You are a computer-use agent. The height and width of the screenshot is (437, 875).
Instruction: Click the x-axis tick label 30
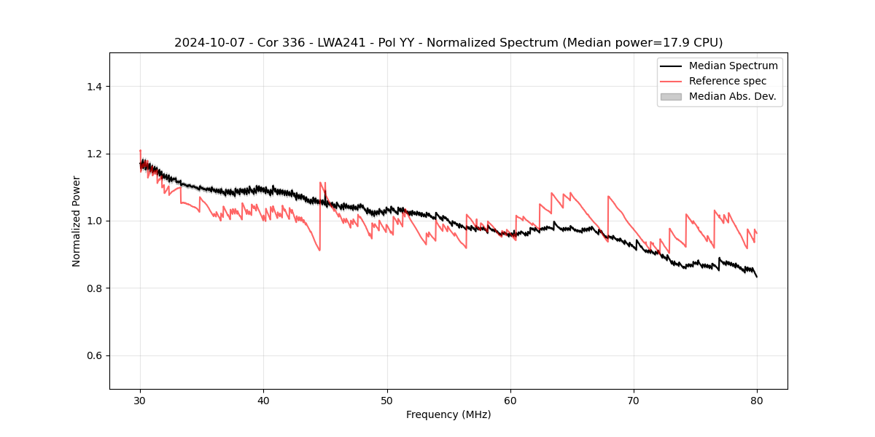click(x=140, y=400)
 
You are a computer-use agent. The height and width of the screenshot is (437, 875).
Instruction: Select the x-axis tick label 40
click(x=263, y=400)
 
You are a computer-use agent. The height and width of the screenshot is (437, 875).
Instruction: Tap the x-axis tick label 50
click(x=387, y=400)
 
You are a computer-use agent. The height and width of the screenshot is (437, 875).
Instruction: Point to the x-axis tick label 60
click(x=510, y=400)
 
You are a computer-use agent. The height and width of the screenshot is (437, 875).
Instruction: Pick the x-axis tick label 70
click(x=634, y=400)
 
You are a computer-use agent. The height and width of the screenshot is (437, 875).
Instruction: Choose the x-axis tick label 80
click(x=757, y=400)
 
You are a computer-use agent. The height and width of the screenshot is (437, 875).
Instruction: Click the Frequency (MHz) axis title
click(x=448, y=414)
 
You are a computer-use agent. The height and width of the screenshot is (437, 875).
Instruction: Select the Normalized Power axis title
click(x=77, y=221)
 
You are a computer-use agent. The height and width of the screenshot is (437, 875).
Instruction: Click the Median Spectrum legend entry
click(x=733, y=66)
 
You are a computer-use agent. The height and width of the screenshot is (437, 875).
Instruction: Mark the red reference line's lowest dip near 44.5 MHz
click(x=319, y=251)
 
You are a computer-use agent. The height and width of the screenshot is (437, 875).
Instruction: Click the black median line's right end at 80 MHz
click(x=757, y=277)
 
